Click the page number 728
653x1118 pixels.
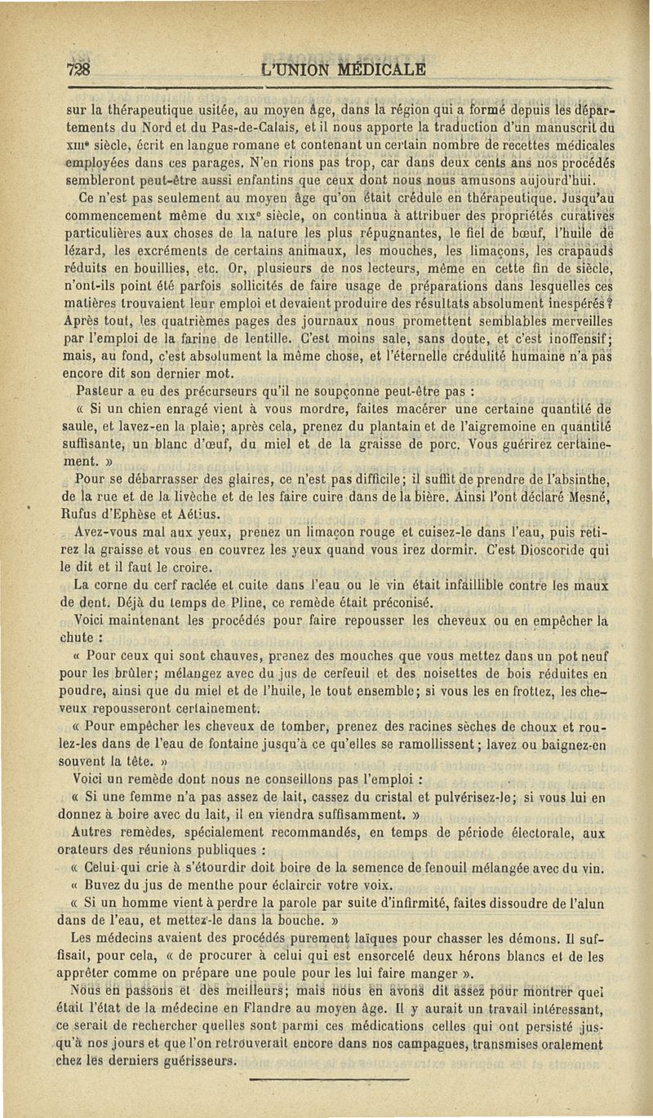pyautogui.click(x=78, y=68)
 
